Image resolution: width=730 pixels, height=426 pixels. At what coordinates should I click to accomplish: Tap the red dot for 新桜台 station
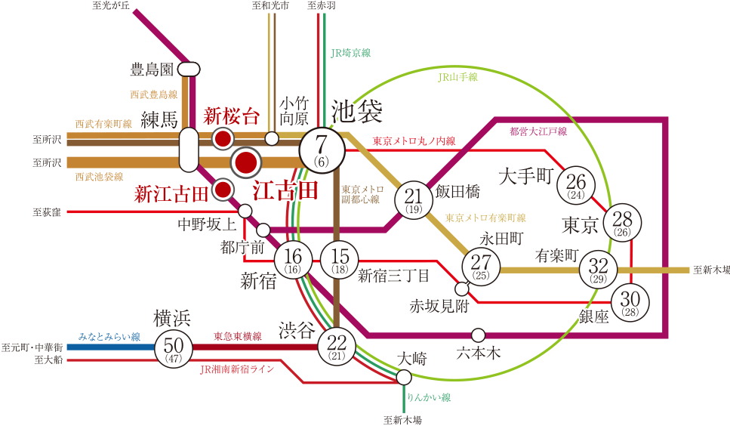(x=223, y=138)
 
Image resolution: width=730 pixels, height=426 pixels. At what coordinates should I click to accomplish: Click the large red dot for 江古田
(x=245, y=162)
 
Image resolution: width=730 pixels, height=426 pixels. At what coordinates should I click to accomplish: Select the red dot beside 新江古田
(x=223, y=190)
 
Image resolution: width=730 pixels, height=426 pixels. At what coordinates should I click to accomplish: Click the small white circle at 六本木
(x=477, y=334)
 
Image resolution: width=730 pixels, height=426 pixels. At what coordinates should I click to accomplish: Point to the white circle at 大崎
(x=405, y=377)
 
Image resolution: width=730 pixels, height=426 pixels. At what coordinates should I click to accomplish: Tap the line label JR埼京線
(x=351, y=53)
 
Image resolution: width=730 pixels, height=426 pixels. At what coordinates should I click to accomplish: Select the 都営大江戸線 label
(x=538, y=131)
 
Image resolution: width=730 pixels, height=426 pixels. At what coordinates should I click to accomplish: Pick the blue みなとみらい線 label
(x=110, y=336)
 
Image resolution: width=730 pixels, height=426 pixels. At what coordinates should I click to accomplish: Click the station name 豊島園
(x=152, y=70)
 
